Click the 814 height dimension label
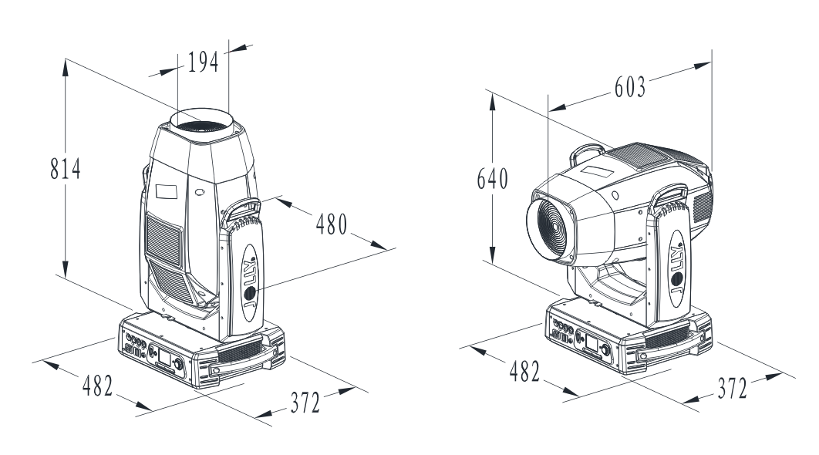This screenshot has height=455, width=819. pyautogui.click(x=66, y=169)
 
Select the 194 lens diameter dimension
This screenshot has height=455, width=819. pyautogui.click(x=203, y=62)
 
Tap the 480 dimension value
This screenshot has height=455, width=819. pyautogui.click(x=332, y=224)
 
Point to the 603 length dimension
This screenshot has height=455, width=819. pyautogui.click(x=630, y=86)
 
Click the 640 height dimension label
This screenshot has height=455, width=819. pyautogui.click(x=493, y=179)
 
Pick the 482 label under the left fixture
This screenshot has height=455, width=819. pyautogui.click(x=98, y=386)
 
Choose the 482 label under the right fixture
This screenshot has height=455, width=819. pyautogui.click(x=524, y=372)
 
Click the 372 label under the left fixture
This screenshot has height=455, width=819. pyautogui.click(x=305, y=403)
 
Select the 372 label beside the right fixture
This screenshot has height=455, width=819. pyautogui.click(x=733, y=388)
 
